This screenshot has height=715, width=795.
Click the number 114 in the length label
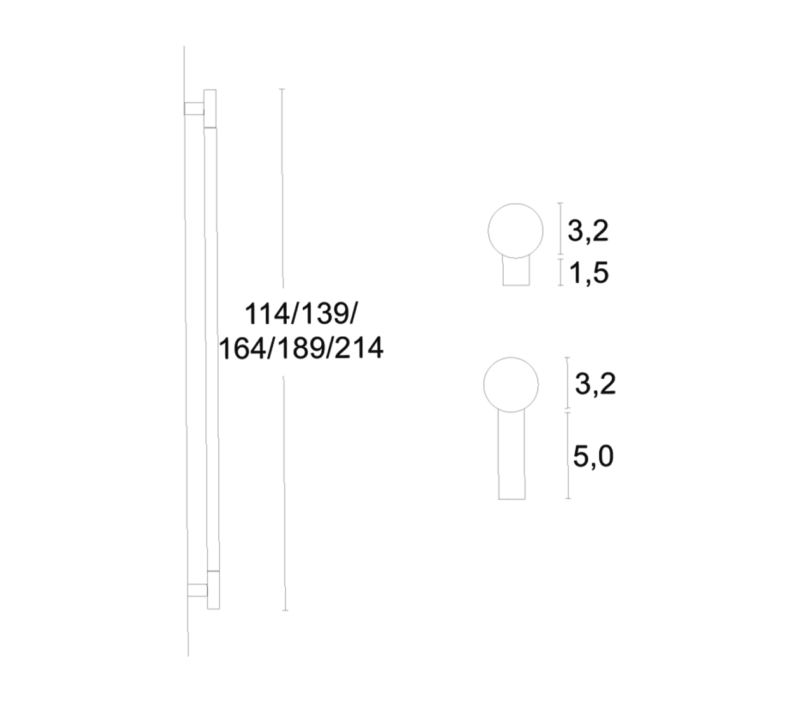(266, 313)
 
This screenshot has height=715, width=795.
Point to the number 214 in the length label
(359, 348)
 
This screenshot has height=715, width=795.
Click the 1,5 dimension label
(588, 273)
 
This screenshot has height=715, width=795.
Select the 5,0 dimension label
(593, 457)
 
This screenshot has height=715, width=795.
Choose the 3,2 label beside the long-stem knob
(596, 384)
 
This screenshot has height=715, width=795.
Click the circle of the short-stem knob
(488, 231)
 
